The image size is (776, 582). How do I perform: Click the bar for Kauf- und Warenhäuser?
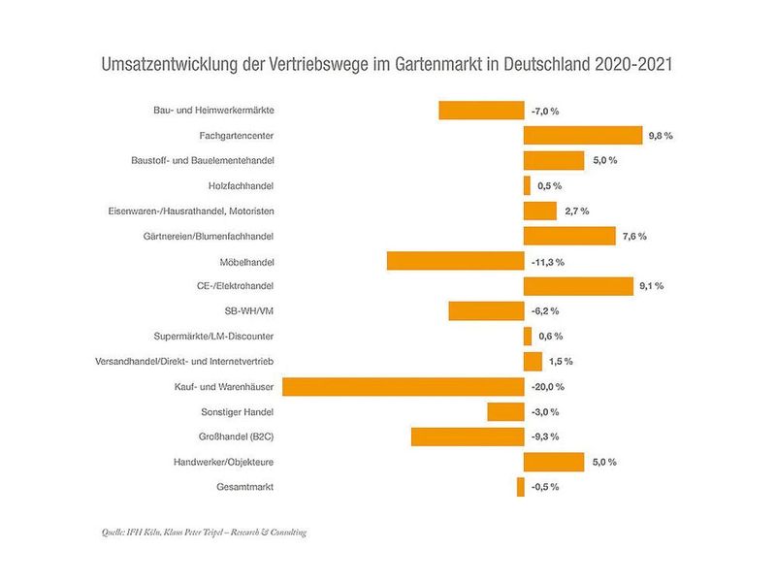click(403, 386)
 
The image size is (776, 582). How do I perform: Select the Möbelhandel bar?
click(455, 261)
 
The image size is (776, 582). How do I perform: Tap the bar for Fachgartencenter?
click(583, 136)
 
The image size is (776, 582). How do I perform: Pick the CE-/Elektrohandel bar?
click(579, 286)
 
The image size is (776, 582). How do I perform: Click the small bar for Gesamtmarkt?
click(521, 487)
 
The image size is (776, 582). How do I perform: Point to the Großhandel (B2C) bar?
click(468, 436)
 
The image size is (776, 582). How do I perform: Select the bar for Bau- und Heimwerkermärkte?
click(481, 111)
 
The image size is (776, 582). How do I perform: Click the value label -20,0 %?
click(548, 387)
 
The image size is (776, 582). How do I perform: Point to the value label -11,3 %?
click(548, 262)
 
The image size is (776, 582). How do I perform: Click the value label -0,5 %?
click(545, 487)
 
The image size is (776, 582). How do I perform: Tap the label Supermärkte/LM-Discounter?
click(213, 337)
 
